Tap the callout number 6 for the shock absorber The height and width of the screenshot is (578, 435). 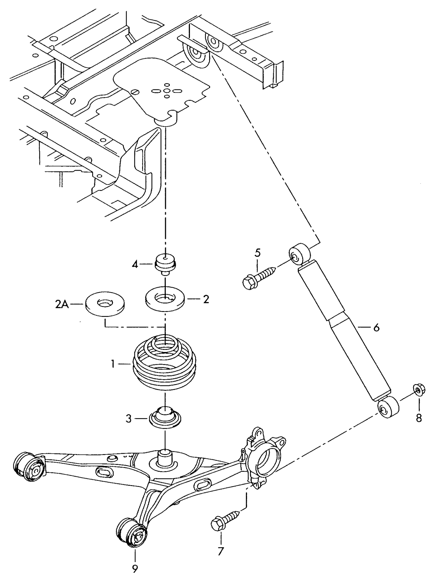point(376,328)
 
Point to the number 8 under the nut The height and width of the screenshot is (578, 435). point(419,418)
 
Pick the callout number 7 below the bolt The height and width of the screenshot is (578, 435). point(221,551)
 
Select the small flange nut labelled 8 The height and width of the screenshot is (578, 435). point(418,391)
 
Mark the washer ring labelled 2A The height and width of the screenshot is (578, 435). point(105,306)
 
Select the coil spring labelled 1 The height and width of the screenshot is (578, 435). point(165,366)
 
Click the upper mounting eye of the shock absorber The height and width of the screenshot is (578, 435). point(299,254)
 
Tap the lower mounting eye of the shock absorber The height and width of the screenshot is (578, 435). point(388,408)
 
